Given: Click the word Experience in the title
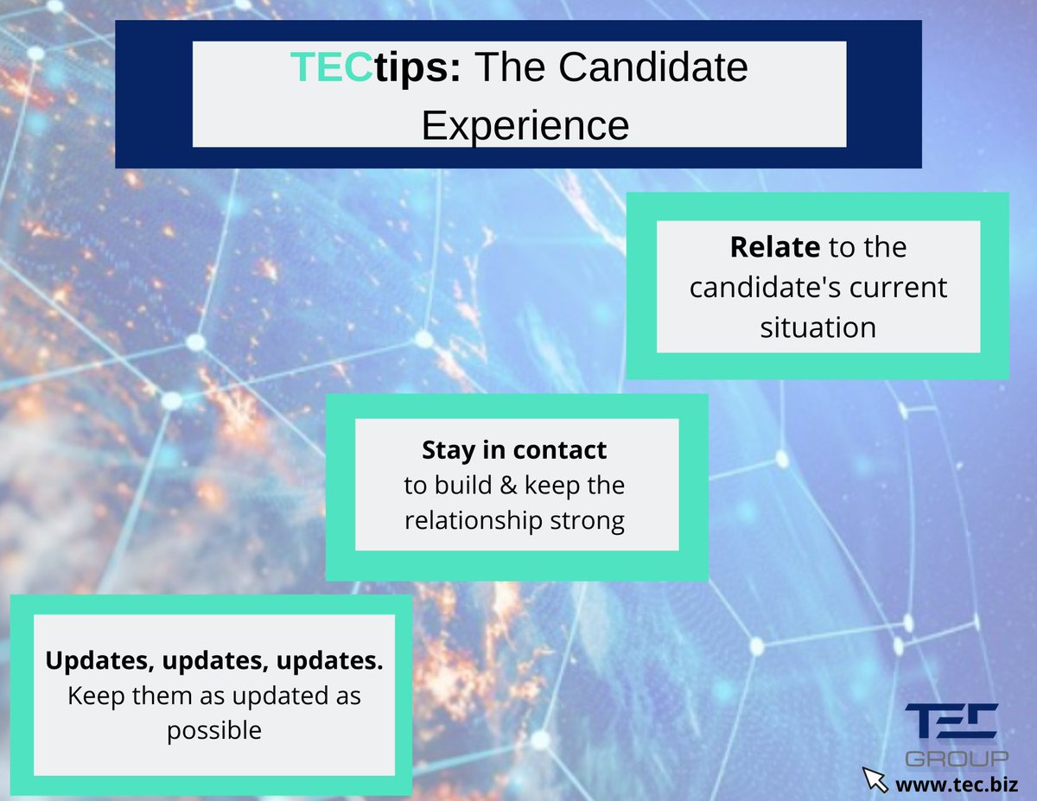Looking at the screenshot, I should pos(525,124).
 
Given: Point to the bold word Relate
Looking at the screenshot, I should pos(774,247).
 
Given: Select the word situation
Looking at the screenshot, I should pos(818,327).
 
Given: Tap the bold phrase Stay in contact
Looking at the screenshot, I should pos(514,449).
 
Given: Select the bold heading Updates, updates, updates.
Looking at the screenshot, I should pos(213,661).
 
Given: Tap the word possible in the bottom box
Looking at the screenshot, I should pos(213,730).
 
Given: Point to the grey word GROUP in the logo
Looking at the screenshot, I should pos(956,759).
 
